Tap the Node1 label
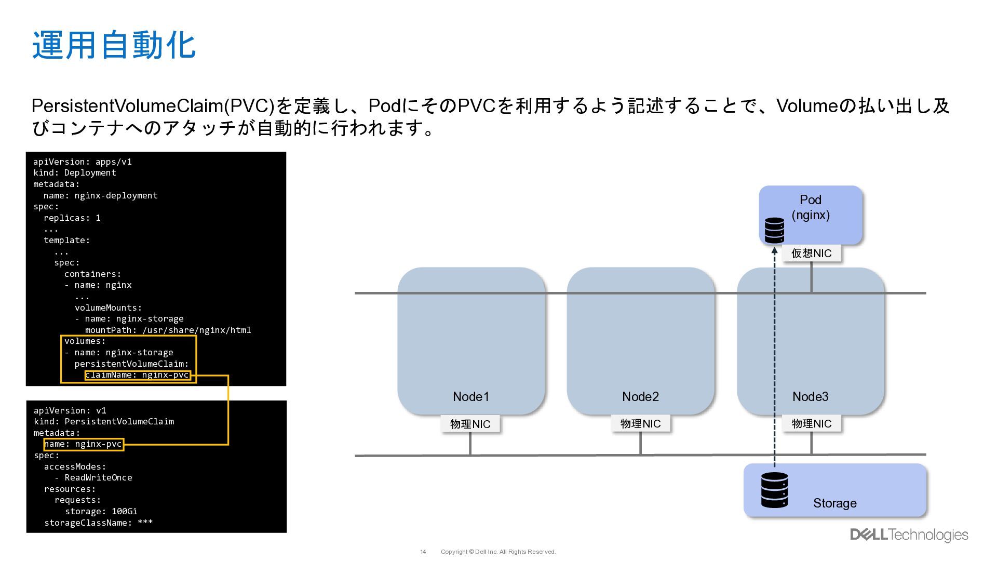(x=470, y=397)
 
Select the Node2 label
(x=640, y=397)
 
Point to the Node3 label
(x=810, y=397)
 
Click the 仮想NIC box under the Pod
(x=811, y=253)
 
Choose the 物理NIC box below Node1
(x=470, y=424)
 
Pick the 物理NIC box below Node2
(x=640, y=424)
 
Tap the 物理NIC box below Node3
(x=811, y=424)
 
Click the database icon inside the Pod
(x=774, y=230)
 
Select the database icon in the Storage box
(x=774, y=489)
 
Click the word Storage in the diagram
(x=834, y=503)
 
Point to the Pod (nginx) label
(x=810, y=207)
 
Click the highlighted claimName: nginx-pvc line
(x=138, y=375)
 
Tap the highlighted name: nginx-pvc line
(x=84, y=444)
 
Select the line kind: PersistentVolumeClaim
(x=104, y=421)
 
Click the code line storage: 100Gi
(x=101, y=511)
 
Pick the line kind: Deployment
(x=75, y=172)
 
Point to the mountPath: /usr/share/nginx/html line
(x=168, y=330)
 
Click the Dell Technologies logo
(x=909, y=535)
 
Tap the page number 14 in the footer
(x=423, y=552)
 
